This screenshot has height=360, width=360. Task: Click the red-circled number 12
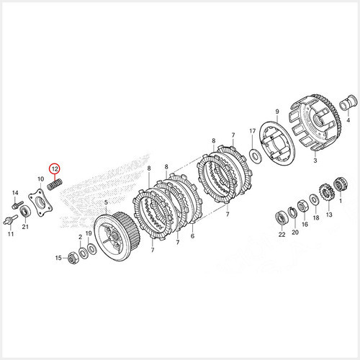tap(55, 169)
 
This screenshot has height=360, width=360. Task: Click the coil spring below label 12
tap(55, 185)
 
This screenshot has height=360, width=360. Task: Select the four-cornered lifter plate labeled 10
tap(40, 202)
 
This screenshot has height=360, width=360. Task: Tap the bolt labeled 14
tap(17, 204)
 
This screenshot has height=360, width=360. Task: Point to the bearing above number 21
tap(25, 212)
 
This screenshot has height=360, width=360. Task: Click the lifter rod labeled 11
tap(10, 220)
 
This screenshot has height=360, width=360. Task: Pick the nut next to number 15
tap(73, 258)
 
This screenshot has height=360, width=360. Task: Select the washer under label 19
tap(92, 249)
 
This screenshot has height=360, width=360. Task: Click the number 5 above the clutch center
tap(106, 202)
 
